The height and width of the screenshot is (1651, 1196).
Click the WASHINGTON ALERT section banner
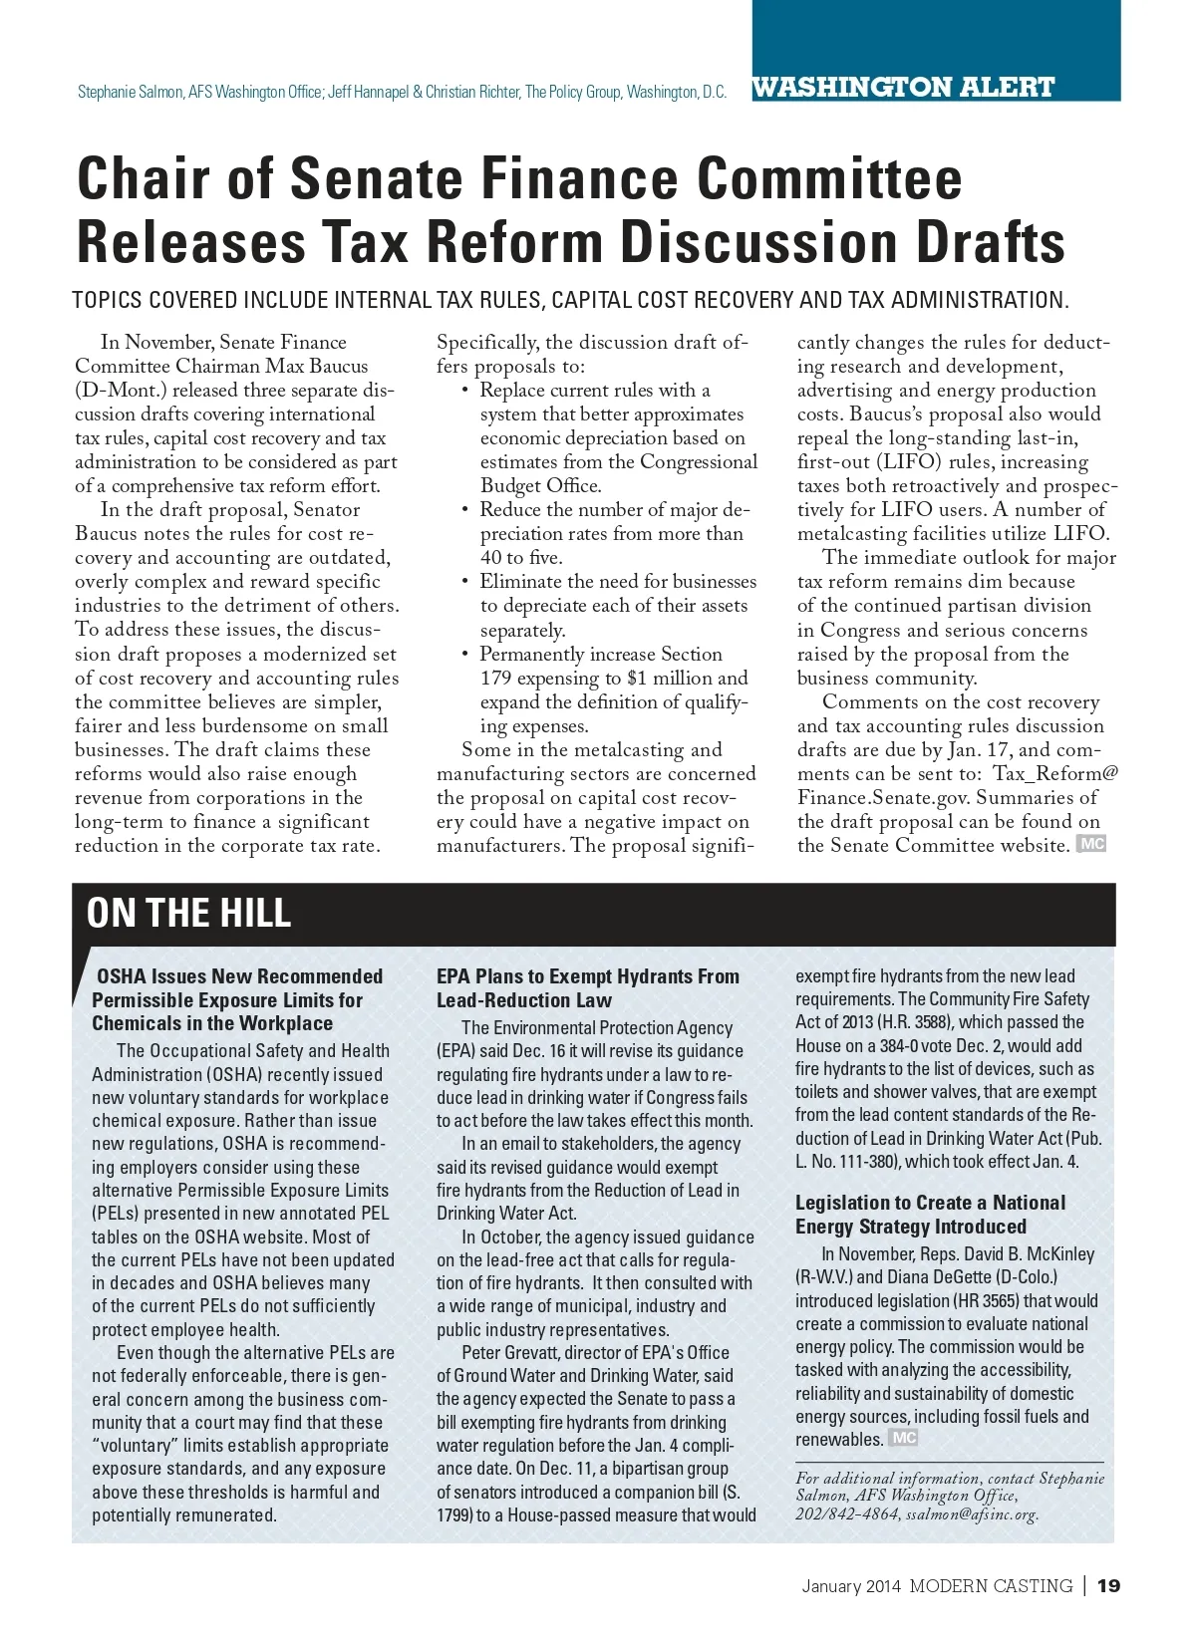pos(903,87)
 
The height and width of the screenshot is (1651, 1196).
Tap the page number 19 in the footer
pos(1108,1585)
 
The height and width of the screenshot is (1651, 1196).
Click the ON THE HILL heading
pos(188,913)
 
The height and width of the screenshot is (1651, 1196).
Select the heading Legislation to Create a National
pos(930,1203)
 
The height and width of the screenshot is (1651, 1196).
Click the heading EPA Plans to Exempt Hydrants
pos(587,976)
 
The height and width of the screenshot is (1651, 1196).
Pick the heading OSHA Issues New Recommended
pos(239,976)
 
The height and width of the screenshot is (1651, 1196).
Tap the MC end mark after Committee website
pos(1092,845)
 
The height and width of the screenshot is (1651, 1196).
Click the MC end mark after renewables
pos(904,1438)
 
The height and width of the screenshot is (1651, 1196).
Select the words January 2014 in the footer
pos(851,1586)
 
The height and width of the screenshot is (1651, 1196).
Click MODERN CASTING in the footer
pos(991,1586)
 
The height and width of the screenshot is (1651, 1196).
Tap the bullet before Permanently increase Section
pos(465,655)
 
